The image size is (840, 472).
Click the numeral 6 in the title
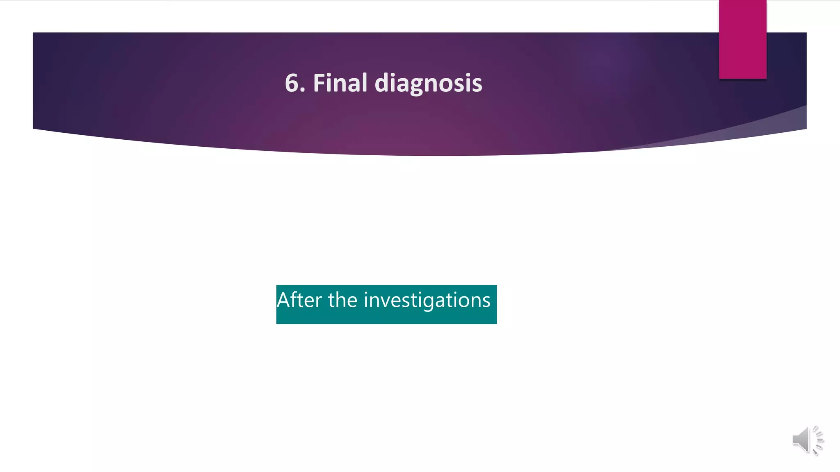point(292,83)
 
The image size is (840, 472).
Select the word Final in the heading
point(340,83)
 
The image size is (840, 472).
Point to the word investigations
point(427,301)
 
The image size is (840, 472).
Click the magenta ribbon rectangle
point(742,39)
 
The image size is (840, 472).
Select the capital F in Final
point(319,83)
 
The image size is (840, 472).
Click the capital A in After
point(284,300)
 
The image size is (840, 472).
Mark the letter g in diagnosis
point(415,86)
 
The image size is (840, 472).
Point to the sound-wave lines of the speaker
point(817,440)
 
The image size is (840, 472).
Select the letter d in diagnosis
point(382,83)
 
